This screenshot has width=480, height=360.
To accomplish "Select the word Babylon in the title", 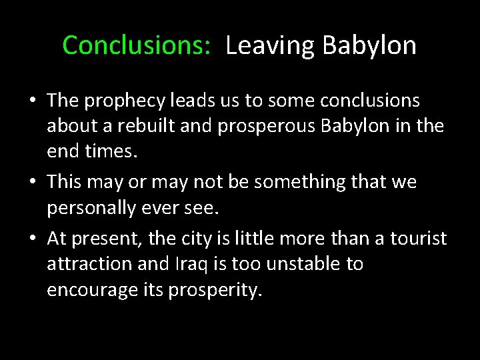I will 369,46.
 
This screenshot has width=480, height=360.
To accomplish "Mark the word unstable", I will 298,263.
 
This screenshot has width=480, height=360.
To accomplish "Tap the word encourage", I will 94,289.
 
